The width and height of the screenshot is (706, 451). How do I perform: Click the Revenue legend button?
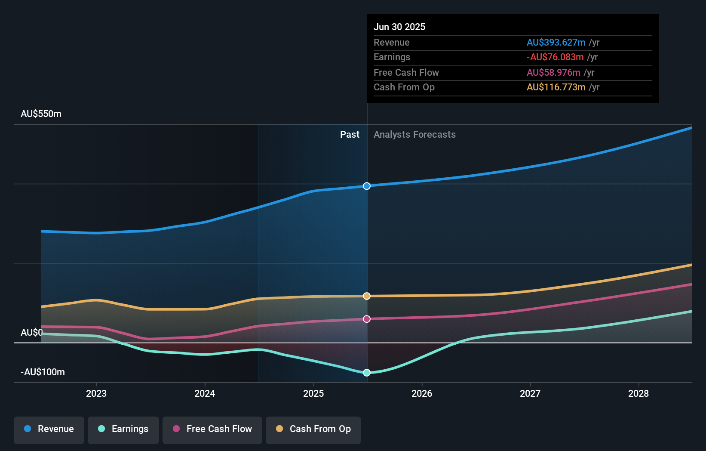tap(49, 429)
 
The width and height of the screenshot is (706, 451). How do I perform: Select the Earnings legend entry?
tap(123, 429)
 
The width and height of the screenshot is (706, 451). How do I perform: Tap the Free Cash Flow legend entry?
tap(212, 429)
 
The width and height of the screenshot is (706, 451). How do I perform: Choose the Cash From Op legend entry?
tap(313, 429)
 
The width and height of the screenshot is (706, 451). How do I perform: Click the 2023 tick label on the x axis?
tap(96, 394)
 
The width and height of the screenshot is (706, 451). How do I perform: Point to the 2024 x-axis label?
tap(205, 394)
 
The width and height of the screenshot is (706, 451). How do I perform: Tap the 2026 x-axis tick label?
tap(422, 394)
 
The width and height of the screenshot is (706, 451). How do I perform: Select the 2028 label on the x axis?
tap(638, 394)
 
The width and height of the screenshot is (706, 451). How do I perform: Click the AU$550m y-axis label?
tap(41, 114)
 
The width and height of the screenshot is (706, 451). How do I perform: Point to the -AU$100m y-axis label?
tap(43, 372)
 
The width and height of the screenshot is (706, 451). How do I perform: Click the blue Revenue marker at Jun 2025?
tap(367, 186)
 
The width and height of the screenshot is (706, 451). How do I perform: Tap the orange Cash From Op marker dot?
tap(367, 296)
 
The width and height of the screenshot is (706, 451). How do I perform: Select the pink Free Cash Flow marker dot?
tap(367, 319)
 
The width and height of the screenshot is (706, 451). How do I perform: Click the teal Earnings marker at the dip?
tap(367, 373)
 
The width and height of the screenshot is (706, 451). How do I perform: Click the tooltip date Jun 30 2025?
tap(399, 27)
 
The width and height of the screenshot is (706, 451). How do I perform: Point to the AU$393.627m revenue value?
tap(556, 43)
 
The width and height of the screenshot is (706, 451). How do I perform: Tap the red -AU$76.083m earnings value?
tap(555, 57)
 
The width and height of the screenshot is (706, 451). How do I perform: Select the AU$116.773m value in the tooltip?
tap(556, 87)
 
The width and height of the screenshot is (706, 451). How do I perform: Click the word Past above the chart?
tap(350, 135)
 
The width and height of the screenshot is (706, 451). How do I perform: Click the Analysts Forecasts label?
tap(414, 135)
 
